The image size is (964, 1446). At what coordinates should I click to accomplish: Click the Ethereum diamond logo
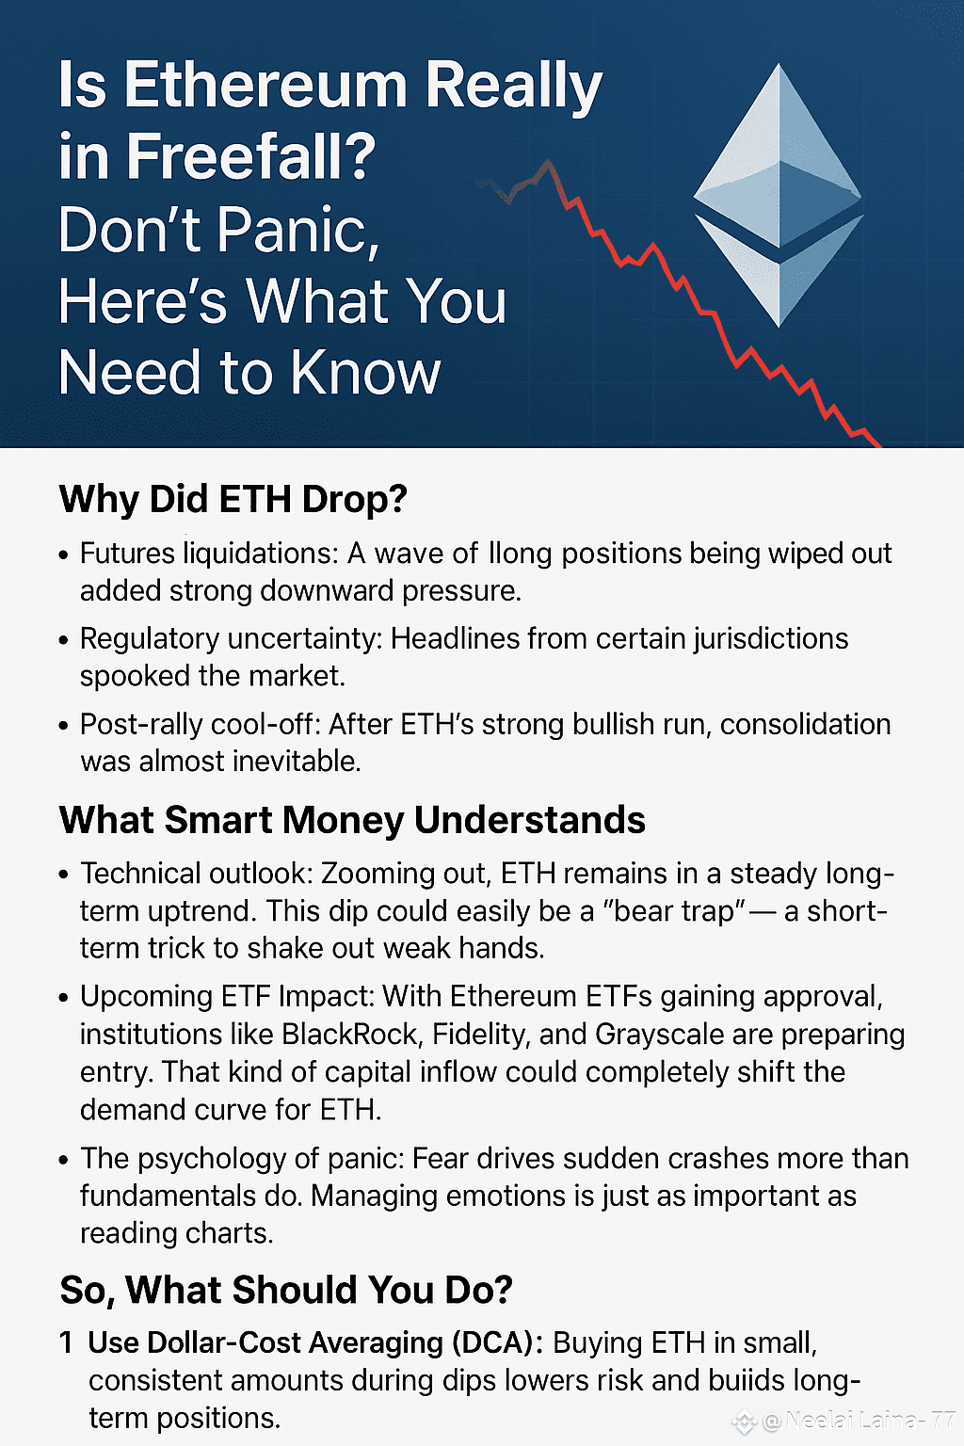[779, 195]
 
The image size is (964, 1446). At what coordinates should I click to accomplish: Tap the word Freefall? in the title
[250, 155]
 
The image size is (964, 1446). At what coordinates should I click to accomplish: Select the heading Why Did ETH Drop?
[233, 499]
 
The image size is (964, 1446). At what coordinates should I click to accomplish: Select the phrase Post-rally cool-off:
[201, 724]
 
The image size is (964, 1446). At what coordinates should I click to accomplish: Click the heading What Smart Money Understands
[352, 820]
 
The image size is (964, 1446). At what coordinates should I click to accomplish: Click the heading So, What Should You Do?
[286, 1290]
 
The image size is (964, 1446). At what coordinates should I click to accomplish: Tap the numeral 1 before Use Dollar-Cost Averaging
[66, 1342]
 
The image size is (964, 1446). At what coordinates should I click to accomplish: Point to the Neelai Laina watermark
[845, 1420]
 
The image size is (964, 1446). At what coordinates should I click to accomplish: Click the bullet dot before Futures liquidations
[63, 555]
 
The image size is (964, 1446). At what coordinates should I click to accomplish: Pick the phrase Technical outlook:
[197, 874]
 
